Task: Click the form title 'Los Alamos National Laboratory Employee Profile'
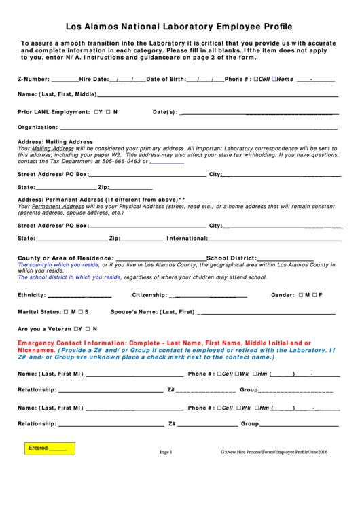click(179, 27)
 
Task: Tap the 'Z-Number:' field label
click(33, 79)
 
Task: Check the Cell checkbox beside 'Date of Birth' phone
click(255, 79)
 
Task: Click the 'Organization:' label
click(37, 127)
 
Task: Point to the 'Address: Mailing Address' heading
click(54, 142)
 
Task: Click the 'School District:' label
click(231, 258)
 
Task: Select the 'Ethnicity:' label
click(31, 295)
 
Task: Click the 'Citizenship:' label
click(149, 295)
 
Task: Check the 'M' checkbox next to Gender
click(301, 295)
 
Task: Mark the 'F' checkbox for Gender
click(313, 295)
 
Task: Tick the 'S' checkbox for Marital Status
click(79, 311)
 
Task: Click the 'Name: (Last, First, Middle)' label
click(57, 94)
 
